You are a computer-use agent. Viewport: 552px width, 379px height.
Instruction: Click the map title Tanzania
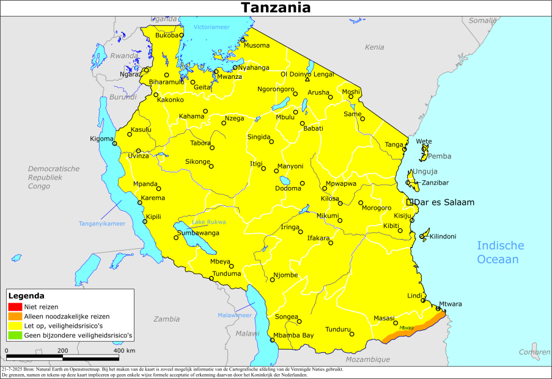tap(275, 7)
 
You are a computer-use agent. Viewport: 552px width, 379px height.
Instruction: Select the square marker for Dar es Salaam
tap(410, 202)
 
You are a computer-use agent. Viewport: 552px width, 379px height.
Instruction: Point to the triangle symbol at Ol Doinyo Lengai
tap(307, 79)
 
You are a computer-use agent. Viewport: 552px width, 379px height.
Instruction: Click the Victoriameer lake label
tap(212, 28)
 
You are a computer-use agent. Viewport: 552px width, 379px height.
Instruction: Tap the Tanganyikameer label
tap(101, 224)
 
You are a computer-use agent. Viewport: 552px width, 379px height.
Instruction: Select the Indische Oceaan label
tap(500, 252)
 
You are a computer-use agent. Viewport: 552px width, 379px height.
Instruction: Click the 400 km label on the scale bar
tap(124, 350)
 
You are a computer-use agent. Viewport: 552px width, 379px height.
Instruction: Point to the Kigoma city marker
tap(114, 144)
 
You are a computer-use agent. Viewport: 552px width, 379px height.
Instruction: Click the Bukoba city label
tap(166, 35)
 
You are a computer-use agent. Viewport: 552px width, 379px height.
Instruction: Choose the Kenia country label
tap(374, 47)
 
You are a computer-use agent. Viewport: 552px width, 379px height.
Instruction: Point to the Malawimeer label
tap(234, 315)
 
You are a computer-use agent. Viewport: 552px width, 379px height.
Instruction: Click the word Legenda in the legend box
tap(26, 296)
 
